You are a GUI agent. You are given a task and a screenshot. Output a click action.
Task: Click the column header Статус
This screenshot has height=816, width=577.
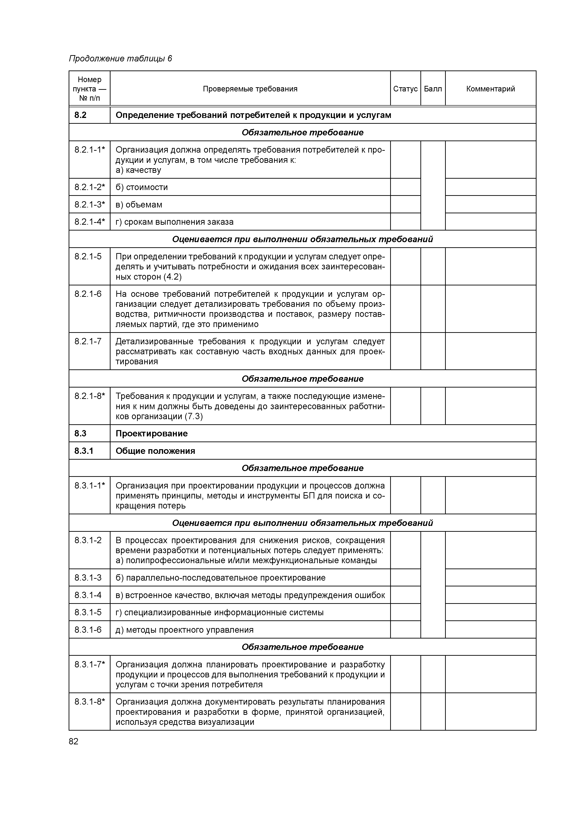coord(405,89)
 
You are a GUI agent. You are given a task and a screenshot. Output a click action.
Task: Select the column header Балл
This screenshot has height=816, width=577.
coord(433,89)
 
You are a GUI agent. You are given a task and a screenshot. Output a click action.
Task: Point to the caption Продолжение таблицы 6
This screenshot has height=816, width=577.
coord(120,59)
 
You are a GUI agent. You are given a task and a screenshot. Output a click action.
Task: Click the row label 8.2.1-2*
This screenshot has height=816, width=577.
coord(90,187)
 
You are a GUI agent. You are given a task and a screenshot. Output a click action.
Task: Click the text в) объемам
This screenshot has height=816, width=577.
coord(139,204)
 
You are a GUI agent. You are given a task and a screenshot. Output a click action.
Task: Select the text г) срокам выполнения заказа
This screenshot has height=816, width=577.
coord(174,222)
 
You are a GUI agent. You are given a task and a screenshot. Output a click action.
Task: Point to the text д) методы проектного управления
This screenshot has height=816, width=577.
coord(185,630)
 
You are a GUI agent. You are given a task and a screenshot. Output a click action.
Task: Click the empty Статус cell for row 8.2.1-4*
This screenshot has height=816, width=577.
coord(405,222)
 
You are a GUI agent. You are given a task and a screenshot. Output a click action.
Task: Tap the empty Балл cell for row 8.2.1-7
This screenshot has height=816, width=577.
coord(433,351)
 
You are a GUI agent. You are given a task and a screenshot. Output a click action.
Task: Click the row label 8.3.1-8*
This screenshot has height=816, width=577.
coord(90,702)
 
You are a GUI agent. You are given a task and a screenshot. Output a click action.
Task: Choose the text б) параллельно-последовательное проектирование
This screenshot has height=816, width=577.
coord(220,578)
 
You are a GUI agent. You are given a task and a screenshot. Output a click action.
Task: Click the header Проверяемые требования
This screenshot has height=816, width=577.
coord(250,89)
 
